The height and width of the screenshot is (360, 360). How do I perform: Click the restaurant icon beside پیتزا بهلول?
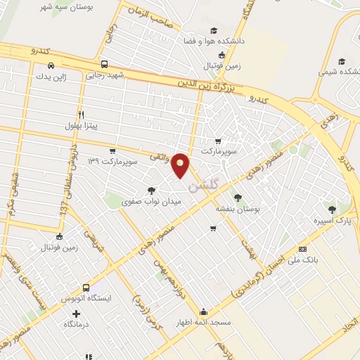tap(82, 114)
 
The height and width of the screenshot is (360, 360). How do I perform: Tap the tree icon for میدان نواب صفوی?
tap(152, 191)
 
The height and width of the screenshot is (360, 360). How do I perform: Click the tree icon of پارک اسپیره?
tap(333, 209)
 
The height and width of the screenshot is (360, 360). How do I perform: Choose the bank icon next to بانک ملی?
tap(302, 248)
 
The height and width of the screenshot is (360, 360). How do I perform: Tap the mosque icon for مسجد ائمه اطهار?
tap(204, 311)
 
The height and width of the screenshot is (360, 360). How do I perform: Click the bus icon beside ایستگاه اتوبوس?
tap(86, 287)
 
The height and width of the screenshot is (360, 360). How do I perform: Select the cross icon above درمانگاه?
tap(77, 313)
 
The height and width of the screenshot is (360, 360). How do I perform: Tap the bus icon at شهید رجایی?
tap(104, 63)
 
